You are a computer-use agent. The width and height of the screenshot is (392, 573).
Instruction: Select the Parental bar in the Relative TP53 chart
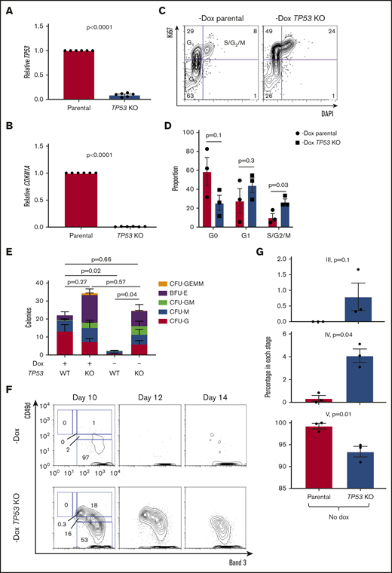(66, 75)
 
